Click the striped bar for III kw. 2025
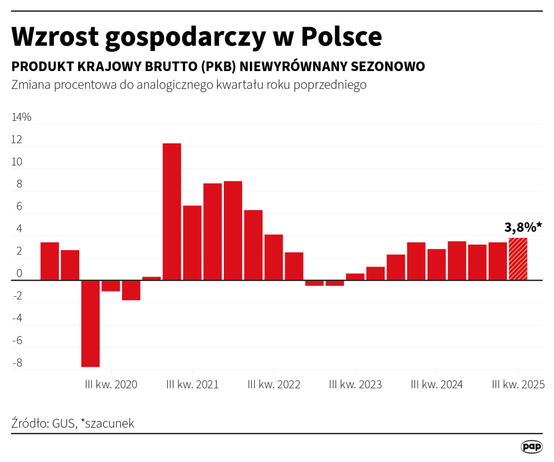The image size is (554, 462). pos(518,259)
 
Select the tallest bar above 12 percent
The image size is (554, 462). pos(172,211)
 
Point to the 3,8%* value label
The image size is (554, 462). pos(523,227)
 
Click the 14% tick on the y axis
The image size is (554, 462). pos(22,118)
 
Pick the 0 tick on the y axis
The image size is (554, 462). pos(19,274)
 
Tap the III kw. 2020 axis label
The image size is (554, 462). pos(111,384)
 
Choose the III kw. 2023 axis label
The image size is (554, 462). pos(355,384)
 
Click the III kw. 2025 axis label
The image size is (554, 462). pos(519,384)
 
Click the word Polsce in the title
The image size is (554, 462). pos(342,37)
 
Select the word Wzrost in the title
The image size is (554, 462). pos(54,37)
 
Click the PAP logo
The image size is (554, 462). pos(531,446)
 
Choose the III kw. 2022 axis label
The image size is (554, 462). pos(274,384)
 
